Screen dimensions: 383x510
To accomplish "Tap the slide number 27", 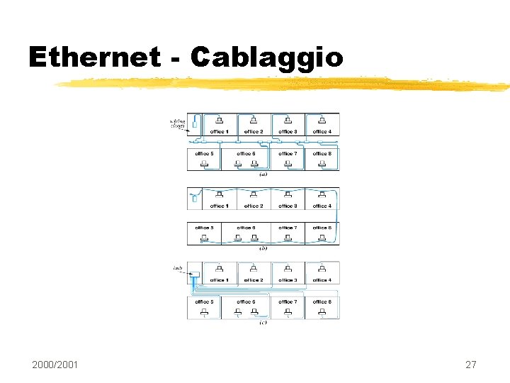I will pos(470,365).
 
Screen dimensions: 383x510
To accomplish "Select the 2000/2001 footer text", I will pos(55,365).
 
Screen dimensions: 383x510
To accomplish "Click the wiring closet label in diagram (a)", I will pos(177,123).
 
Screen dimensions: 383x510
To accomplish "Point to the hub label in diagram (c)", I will pos(178,268).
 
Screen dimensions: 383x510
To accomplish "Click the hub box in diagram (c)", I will pos(195,275).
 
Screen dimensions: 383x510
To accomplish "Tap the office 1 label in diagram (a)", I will pos(219,132).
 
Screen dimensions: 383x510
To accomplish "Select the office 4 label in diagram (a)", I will pos(322,132).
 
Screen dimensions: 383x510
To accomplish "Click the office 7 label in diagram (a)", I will pos(287,153).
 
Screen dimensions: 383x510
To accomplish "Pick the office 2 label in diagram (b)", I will pos(253,206).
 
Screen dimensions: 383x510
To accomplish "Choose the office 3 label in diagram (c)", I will pos(287,280).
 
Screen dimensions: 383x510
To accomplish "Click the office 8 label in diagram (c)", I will pos(322,301).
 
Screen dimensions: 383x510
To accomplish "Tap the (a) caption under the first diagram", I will pos(263,174).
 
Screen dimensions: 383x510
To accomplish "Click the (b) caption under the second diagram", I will pos(263,248).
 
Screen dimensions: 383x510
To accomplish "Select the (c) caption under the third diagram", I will pos(263,323).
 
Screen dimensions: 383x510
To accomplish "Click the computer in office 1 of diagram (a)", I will pos(219,118).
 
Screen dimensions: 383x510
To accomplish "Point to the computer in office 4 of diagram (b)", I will pos(322,193).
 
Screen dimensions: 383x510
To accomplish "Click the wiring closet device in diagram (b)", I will pos(194,199).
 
